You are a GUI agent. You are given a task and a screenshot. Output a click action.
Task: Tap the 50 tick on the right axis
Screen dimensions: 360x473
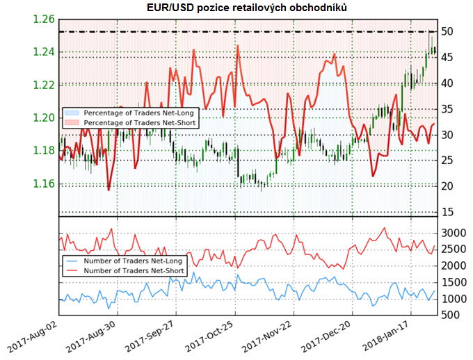click(447, 31)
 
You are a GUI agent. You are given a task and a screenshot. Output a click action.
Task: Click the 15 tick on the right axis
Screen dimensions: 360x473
click(447, 212)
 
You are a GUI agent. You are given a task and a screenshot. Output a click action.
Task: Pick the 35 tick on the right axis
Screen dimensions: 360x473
click(447, 109)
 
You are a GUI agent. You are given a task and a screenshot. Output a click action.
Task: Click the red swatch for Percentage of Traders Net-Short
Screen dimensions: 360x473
click(72, 122)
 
